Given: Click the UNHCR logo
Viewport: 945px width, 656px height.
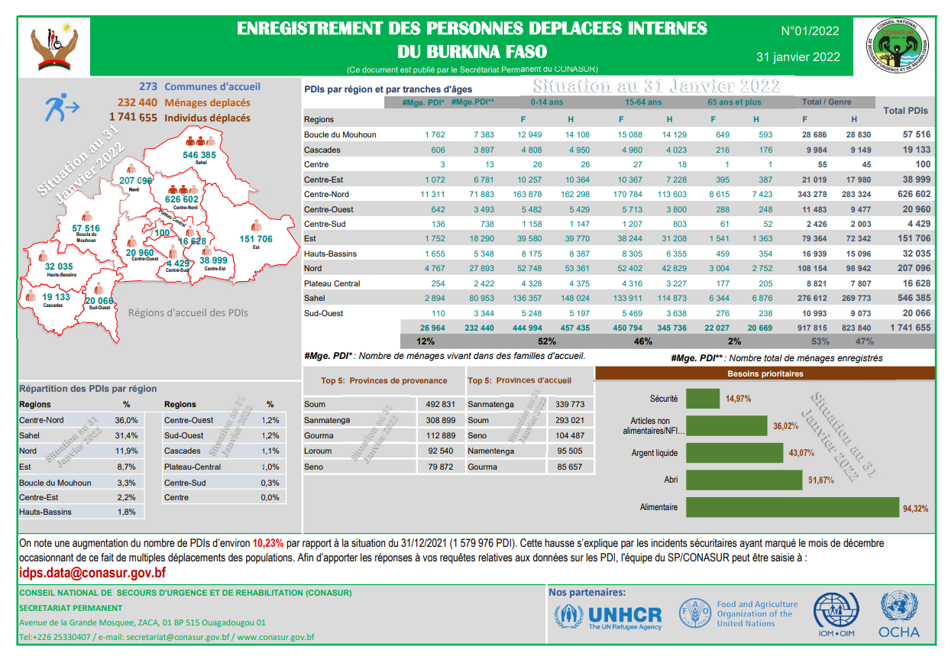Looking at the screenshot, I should tap(608, 615).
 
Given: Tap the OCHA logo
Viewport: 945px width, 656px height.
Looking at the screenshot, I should tap(899, 615).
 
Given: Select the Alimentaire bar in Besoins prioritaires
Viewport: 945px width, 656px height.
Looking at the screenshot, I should tap(793, 507).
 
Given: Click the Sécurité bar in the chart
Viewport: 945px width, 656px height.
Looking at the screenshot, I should tap(704, 398).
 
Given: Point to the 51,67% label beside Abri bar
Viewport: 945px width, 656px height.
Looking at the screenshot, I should tap(821, 480).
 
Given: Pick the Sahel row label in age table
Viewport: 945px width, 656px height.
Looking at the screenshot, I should tap(314, 299).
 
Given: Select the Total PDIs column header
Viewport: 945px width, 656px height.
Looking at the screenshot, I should tap(905, 111).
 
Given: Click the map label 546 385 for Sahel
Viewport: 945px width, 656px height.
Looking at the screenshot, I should tap(199, 155).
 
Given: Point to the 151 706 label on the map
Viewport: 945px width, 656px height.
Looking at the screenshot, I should tap(256, 239).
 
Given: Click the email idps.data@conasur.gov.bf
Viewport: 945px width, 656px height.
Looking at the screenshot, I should tap(92, 573).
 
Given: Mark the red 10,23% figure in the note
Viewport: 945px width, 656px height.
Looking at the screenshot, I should tap(267, 544).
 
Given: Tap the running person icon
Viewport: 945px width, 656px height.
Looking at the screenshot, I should tap(59, 108).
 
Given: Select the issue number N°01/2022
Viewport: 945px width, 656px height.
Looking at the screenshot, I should tap(810, 31).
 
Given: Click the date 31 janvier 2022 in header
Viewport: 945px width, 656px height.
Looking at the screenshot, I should tap(798, 57).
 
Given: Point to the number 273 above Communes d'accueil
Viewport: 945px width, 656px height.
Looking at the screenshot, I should tap(148, 87).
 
